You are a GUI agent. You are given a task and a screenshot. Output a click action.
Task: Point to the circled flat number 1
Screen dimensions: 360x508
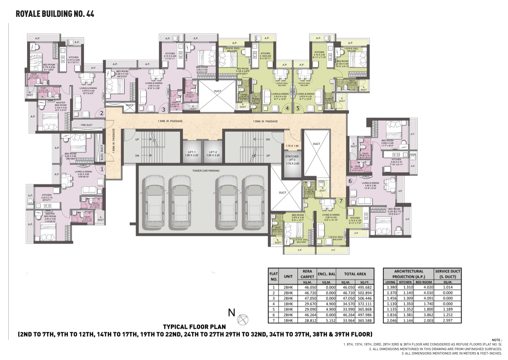pos(102,170)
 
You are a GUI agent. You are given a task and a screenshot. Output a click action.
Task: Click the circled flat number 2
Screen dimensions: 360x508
pos(101,113)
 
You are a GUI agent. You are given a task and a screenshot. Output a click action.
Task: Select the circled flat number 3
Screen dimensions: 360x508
pos(164,109)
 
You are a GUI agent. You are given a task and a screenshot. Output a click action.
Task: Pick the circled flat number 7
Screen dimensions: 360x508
pos(341,201)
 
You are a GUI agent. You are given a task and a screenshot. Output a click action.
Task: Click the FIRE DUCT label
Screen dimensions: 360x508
pos(86,125)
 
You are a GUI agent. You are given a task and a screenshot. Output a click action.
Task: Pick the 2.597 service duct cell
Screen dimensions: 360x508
pos(448,320)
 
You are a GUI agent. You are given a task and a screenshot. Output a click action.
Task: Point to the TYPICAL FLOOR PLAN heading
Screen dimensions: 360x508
pos(194,326)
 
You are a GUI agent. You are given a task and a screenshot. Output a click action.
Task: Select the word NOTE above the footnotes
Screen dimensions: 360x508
pos(496,340)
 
